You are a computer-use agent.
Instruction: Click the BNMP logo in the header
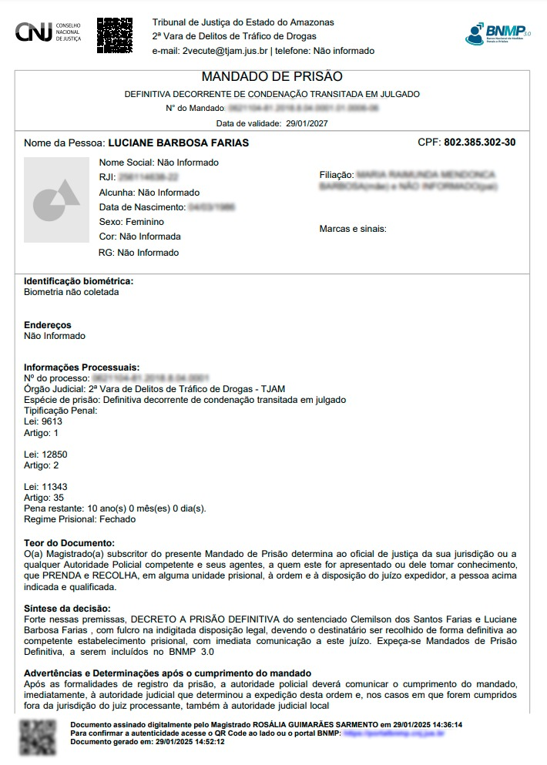498,33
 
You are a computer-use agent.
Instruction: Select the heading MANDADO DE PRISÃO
271,77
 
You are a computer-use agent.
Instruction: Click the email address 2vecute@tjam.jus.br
224,51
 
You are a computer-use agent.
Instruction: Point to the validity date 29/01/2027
307,123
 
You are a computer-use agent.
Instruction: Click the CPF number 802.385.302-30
479,143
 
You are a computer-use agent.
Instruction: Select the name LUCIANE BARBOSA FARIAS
178,143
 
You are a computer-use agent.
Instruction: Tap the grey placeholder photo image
56,200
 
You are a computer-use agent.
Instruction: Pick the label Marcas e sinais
353,229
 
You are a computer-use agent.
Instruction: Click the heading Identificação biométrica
79,281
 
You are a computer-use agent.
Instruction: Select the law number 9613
52,421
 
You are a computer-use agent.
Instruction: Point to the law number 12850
55,455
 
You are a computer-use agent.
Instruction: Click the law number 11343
55,488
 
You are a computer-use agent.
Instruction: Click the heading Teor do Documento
69,542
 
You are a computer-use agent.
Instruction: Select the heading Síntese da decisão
67,609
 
